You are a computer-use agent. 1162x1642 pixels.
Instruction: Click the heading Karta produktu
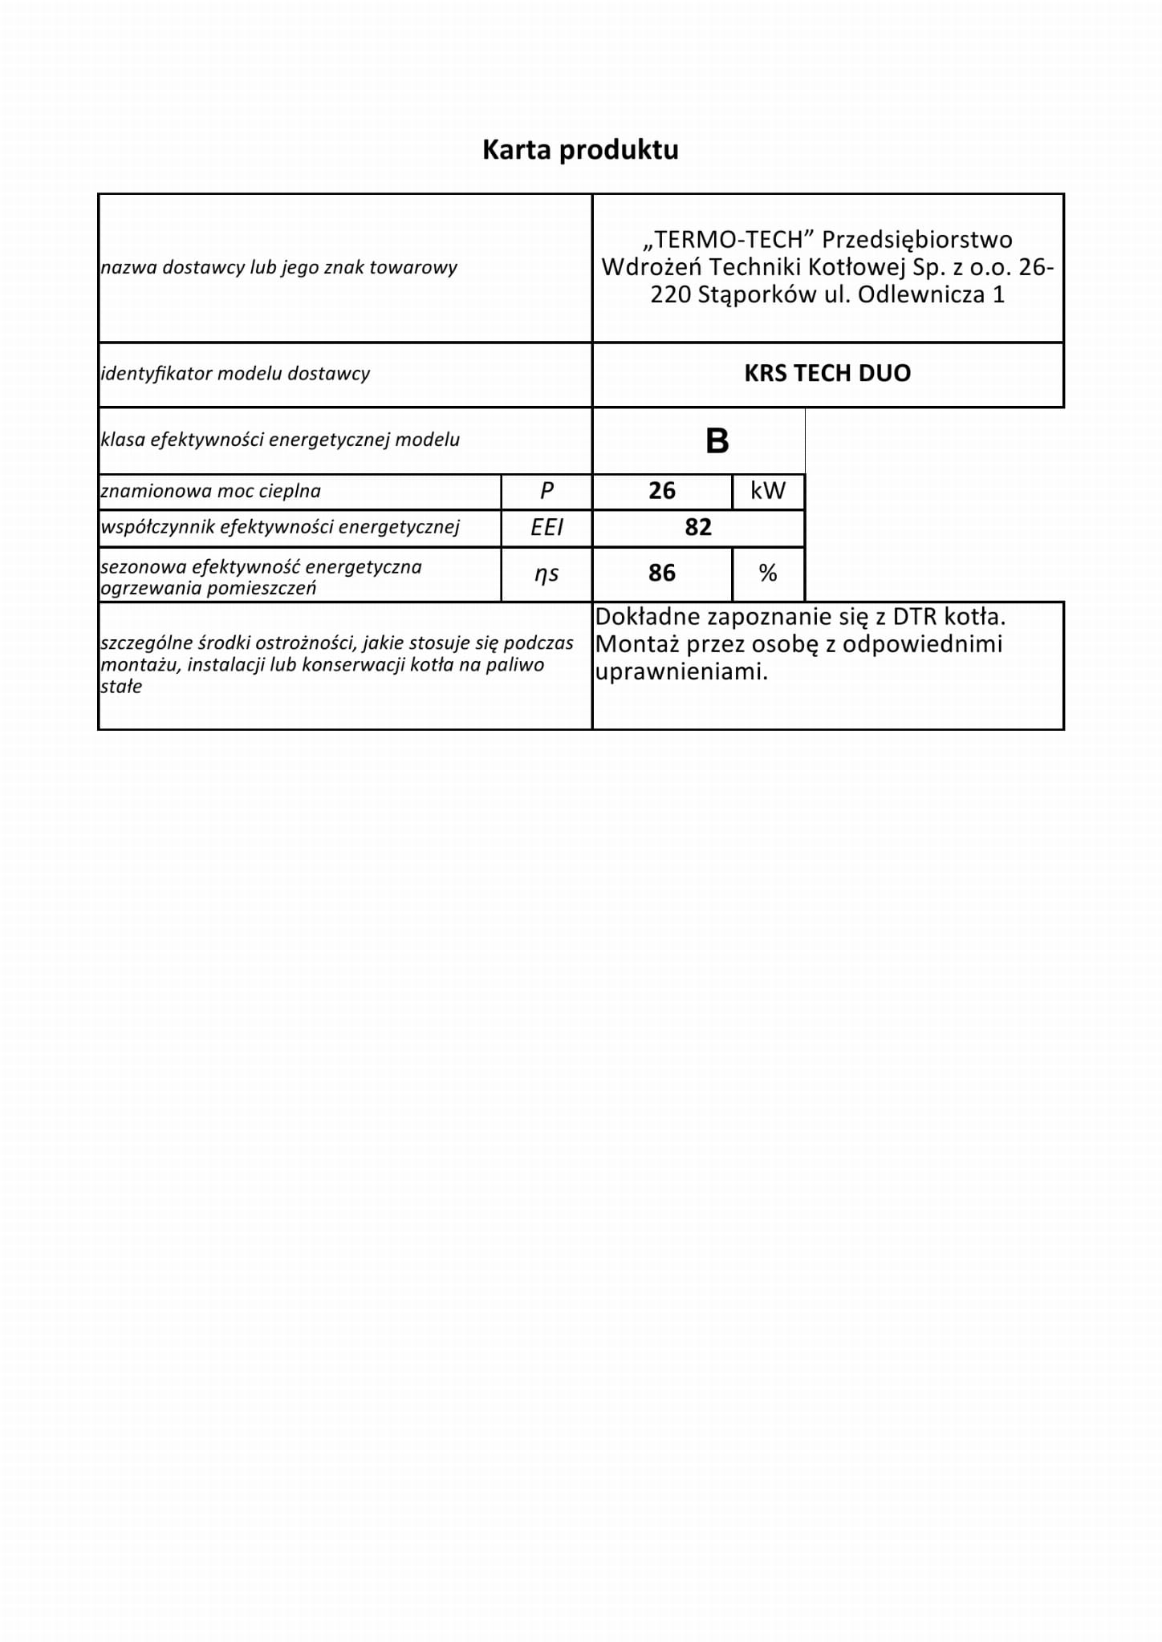click(x=580, y=150)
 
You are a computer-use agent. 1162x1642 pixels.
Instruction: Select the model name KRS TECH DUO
click(x=827, y=373)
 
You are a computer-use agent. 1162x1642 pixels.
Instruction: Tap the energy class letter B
click(x=717, y=441)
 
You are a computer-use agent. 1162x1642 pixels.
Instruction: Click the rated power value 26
click(x=662, y=491)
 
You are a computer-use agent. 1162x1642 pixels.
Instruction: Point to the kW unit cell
click(x=768, y=491)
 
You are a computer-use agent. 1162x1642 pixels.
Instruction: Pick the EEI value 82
click(x=698, y=527)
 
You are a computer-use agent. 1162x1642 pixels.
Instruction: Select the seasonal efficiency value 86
click(x=662, y=573)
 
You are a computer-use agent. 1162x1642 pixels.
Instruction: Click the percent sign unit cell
click(x=768, y=573)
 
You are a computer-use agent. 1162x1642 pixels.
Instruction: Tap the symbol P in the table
click(x=546, y=491)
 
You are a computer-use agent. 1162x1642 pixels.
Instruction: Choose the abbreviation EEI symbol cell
click(x=546, y=527)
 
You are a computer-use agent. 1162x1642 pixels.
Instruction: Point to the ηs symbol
click(x=546, y=574)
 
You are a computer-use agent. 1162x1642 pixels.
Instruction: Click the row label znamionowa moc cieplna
click(x=210, y=491)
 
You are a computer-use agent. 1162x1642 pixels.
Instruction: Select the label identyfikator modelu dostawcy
click(x=235, y=374)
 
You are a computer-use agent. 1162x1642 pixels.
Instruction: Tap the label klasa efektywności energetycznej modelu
click(x=280, y=440)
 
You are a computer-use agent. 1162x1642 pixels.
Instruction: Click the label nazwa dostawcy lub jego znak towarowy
click(x=278, y=268)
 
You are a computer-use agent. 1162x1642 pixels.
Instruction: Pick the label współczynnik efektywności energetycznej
click(x=280, y=527)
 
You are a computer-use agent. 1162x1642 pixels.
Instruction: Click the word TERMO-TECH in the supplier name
click(x=729, y=240)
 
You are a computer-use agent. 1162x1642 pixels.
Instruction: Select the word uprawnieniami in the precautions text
click(x=681, y=672)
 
